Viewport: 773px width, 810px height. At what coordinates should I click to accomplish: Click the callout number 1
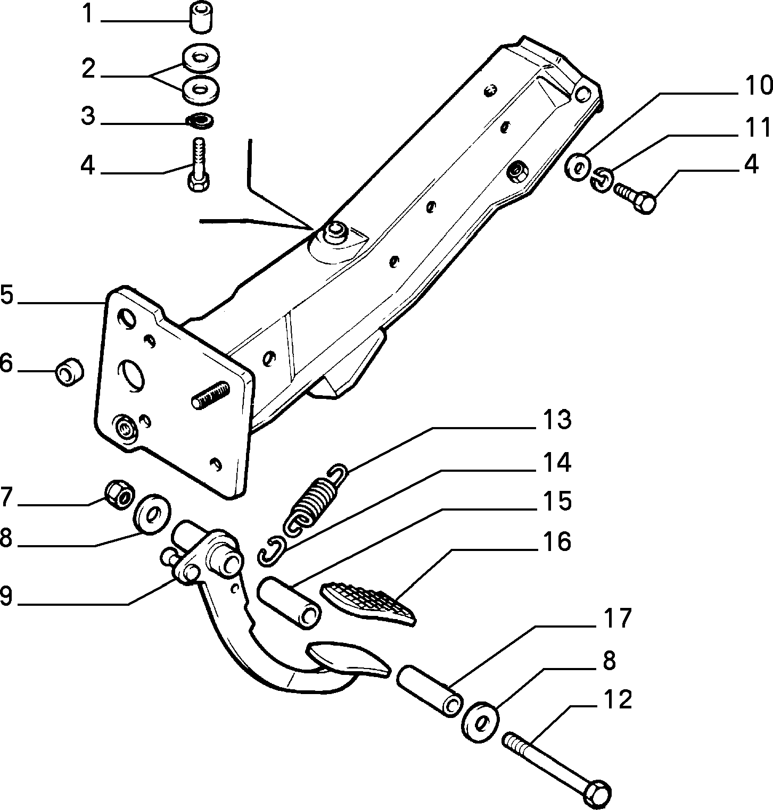[87, 14]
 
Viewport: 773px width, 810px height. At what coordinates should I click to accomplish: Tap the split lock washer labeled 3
[200, 121]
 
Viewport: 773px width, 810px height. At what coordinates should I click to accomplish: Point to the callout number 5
[6, 295]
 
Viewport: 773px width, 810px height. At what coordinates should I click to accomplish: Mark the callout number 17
[617, 619]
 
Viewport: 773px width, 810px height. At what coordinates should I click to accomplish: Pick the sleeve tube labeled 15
[290, 603]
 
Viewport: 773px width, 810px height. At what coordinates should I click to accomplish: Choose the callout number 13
[557, 421]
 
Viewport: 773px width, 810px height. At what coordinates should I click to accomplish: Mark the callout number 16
[557, 541]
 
